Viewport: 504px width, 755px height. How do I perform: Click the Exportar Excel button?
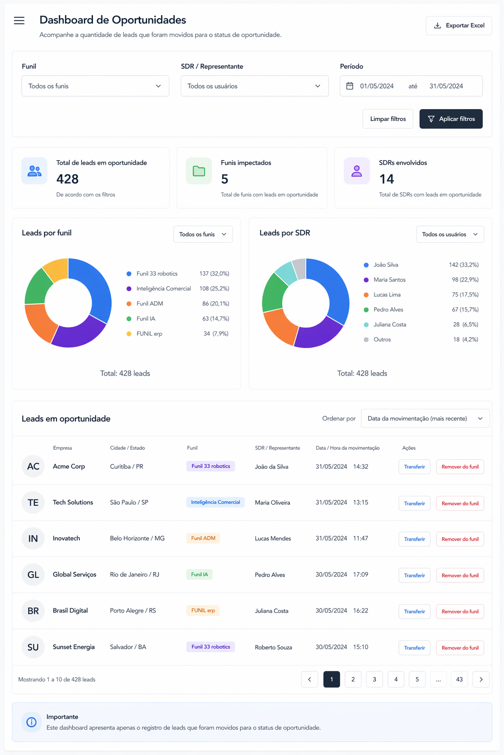[x=458, y=26]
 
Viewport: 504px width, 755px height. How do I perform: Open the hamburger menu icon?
[x=19, y=21]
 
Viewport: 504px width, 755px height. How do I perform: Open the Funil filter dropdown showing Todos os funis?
[x=95, y=86]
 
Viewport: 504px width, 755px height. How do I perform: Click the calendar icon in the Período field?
[x=350, y=86]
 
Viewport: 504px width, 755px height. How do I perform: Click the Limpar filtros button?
[x=387, y=119]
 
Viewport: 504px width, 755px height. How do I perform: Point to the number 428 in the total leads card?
[x=67, y=179]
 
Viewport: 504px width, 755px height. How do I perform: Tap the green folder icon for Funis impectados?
[x=199, y=171]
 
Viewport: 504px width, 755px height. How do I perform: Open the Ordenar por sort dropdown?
[x=425, y=419]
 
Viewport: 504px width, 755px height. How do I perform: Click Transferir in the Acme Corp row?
[x=414, y=467]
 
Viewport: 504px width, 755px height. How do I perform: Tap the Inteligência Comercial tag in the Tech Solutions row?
[x=216, y=502]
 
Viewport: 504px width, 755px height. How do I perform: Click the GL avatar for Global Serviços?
[x=33, y=575]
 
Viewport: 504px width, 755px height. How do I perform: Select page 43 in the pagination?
[x=459, y=679]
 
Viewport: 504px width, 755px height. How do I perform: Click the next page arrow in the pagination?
[x=481, y=679]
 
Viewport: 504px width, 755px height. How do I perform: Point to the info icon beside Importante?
[x=31, y=722]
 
